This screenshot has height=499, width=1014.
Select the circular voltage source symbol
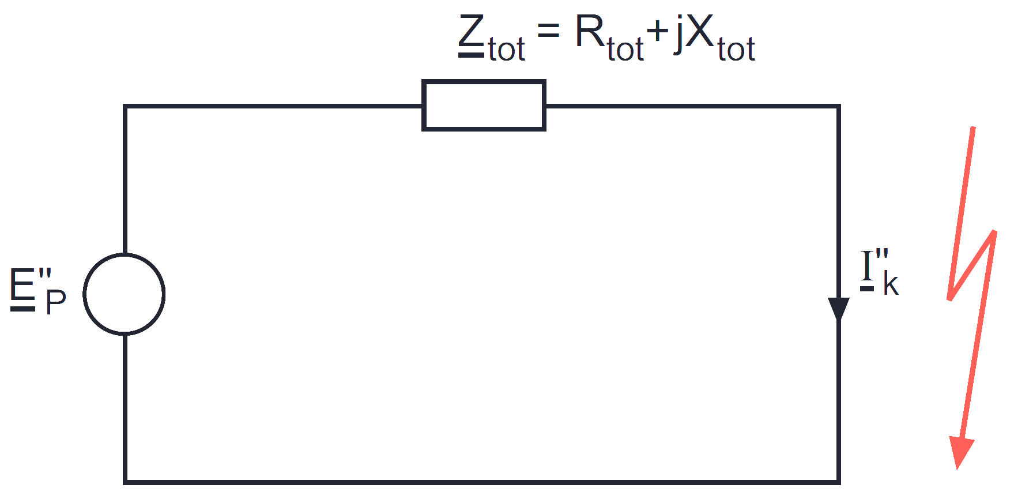[84, 294]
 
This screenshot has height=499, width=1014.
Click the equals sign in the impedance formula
[548, 31]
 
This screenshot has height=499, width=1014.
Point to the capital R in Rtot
[590, 31]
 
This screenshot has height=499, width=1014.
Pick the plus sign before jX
[657, 32]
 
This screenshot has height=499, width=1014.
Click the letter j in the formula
[678, 35]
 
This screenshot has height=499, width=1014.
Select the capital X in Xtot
[700, 31]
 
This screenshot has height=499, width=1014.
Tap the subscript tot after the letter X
[736, 49]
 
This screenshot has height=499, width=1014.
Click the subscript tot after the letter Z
[507, 49]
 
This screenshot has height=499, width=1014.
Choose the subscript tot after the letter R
[625, 49]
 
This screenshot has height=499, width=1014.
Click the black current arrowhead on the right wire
[839, 309]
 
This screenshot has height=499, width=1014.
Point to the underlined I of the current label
[868, 269]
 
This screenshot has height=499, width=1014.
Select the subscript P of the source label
[56, 302]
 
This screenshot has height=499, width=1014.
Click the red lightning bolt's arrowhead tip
[958, 468]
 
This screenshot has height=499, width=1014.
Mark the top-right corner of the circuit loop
[839, 106]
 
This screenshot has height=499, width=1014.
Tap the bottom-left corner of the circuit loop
[125, 481]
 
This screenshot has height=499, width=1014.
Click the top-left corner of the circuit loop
[125, 106]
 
